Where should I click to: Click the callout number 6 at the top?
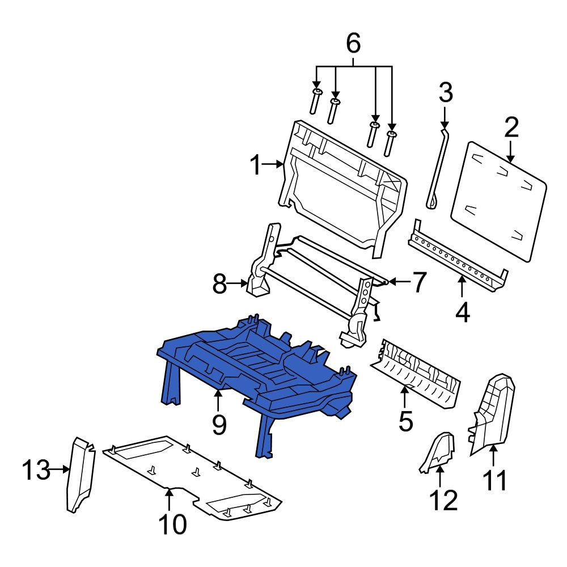coord(353,43)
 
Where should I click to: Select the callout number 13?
coord(36,469)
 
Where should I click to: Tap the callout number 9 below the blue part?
coord(219,425)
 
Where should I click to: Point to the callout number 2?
coord(511,127)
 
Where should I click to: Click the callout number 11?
coord(495,480)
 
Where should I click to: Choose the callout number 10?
coord(173,524)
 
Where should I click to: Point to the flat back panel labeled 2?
coord(499,201)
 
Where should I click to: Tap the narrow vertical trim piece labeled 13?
coord(81,475)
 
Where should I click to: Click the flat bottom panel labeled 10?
coord(192,477)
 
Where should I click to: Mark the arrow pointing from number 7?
coord(399,281)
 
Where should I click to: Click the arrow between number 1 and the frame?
coord(273,164)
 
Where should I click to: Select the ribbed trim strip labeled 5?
coord(416,372)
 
